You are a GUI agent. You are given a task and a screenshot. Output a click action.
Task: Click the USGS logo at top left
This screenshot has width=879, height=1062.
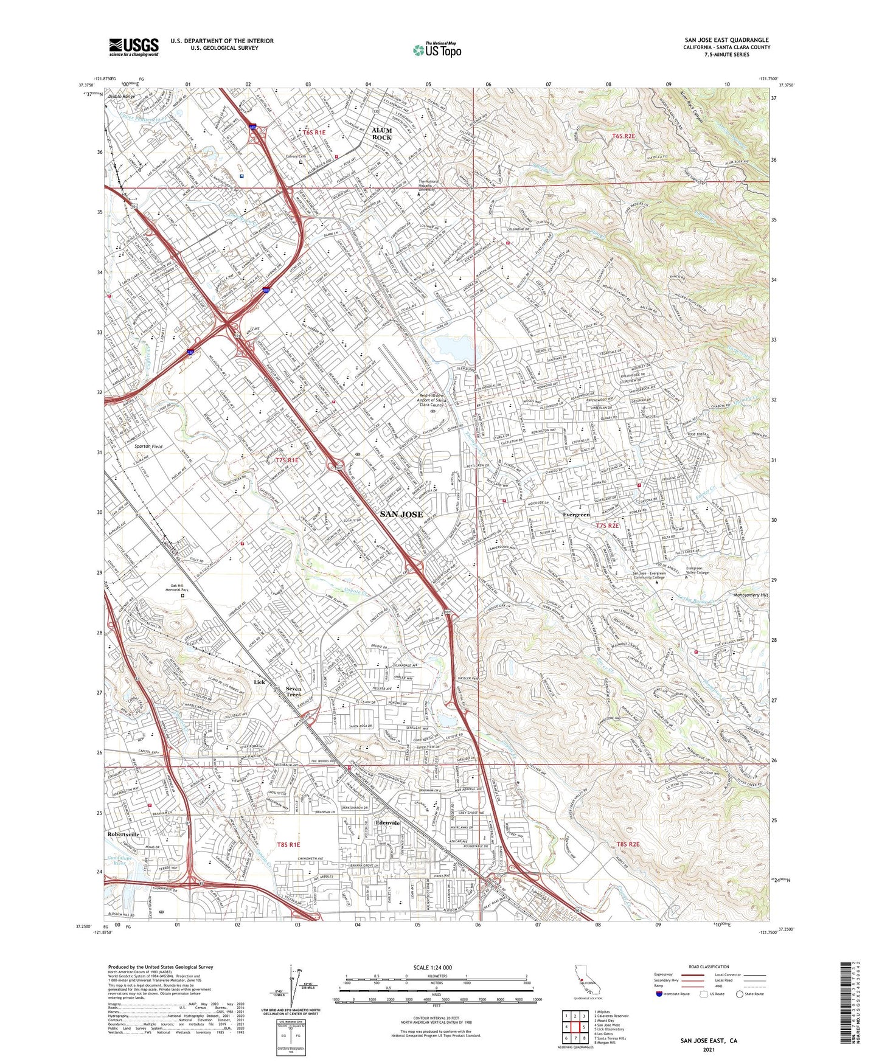click(134, 47)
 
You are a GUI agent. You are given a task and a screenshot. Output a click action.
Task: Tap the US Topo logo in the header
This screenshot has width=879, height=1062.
click(437, 50)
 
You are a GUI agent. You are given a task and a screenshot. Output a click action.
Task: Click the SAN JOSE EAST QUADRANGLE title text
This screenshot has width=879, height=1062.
click(726, 40)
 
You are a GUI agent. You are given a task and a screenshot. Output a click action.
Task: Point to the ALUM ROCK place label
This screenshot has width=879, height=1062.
click(382, 134)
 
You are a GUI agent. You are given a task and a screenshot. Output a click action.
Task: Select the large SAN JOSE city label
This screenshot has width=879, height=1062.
click(401, 514)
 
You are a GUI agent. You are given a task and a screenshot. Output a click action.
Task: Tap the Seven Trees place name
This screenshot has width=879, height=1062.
click(293, 692)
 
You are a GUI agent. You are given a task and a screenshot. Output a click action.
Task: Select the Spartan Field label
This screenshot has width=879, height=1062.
click(148, 446)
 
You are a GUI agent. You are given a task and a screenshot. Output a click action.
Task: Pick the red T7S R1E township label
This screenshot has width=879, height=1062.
click(287, 460)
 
